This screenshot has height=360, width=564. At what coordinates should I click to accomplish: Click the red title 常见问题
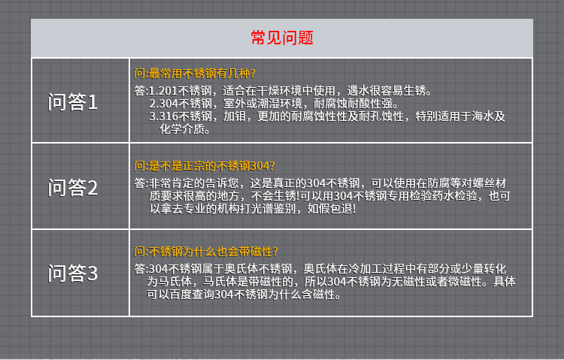tap(282, 38)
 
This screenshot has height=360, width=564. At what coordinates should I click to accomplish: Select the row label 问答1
tap(73, 101)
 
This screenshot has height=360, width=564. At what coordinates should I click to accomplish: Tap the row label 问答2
tap(73, 187)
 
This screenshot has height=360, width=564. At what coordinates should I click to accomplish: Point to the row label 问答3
tap(73, 273)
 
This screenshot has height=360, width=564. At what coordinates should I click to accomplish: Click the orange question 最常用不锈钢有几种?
tap(202, 74)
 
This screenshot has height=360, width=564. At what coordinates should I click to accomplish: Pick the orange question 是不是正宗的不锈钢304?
tap(211, 166)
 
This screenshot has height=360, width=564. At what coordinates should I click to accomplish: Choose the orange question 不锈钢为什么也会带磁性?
tap(213, 251)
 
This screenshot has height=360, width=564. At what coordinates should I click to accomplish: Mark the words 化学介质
tap(182, 129)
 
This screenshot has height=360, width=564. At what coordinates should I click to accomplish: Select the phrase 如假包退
tap(329, 209)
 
